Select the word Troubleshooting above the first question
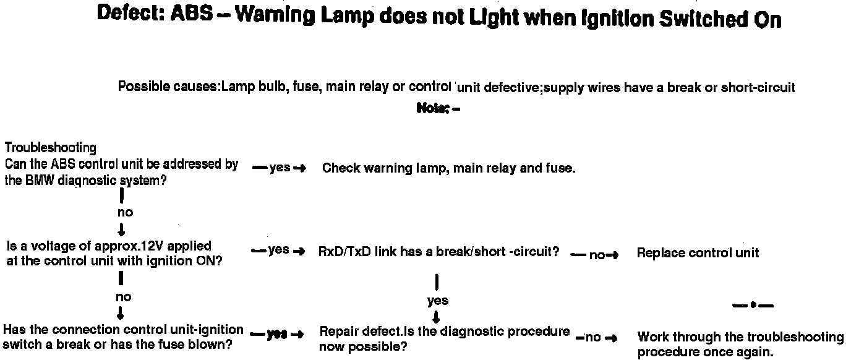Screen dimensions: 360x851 [51, 148]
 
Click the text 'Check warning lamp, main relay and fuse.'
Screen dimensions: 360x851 [448, 168]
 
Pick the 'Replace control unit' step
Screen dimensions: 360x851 [698, 252]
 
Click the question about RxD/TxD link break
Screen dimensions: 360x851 [438, 252]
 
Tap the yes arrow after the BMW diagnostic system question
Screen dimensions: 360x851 [280, 168]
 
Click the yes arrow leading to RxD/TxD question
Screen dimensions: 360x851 [279, 251]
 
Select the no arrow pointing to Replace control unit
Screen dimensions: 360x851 [595, 255]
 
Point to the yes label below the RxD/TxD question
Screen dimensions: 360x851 [437, 301]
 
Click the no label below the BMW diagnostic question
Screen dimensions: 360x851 [124, 212]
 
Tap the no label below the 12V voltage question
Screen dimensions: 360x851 [123, 297]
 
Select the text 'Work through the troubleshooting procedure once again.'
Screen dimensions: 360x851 [740, 345]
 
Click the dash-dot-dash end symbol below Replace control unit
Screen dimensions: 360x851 [753, 305]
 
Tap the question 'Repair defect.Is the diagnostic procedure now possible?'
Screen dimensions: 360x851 [444, 338]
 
